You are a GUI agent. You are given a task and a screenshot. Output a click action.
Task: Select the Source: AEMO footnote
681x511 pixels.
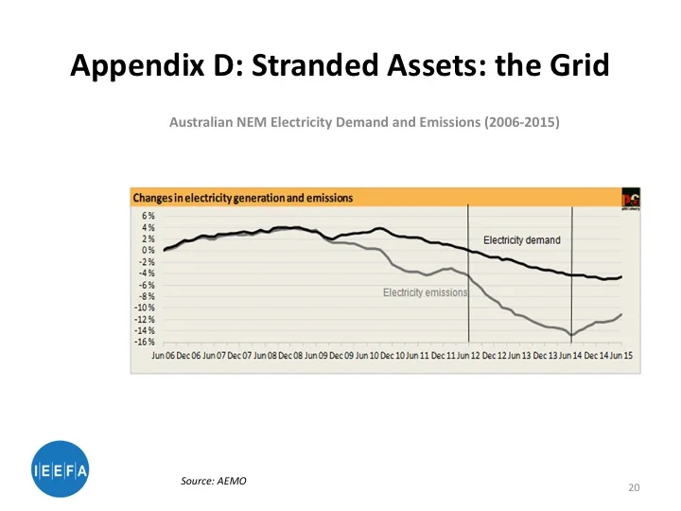[214, 482]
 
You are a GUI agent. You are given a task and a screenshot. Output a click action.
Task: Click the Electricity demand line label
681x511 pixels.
[521, 240]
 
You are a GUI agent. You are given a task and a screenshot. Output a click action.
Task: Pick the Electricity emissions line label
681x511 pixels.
[425, 293]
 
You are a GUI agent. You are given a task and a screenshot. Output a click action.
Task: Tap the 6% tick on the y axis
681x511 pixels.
[148, 216]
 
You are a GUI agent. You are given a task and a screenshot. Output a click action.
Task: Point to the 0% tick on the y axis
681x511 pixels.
[148, 250]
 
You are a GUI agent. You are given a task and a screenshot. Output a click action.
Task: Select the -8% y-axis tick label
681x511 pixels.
[148, 296]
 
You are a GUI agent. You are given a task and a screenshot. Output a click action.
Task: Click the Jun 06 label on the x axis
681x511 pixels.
[165, 355]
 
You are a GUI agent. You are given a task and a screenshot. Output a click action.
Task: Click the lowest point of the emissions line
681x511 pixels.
[571, 335]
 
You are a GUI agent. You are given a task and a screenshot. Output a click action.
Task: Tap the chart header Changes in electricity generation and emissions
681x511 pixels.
[242, 198]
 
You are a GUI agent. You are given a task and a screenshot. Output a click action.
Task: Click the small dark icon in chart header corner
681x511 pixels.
[630, 197]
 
